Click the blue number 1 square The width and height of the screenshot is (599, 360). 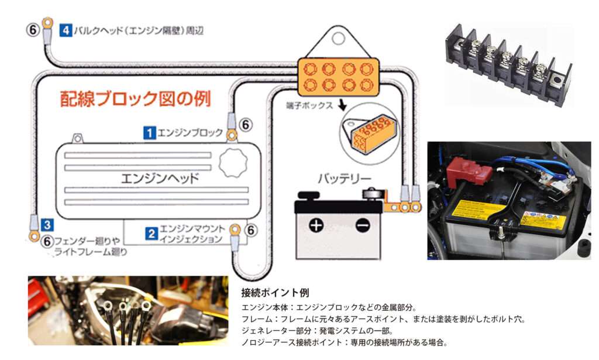coord(149,133)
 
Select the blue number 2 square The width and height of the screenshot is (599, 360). coord(152,234)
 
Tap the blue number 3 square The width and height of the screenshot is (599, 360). coord(47,225)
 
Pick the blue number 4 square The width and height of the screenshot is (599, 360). coord(66,30)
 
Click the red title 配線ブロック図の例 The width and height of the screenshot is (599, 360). coord(136,98)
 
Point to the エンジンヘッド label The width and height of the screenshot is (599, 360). coord(160,178)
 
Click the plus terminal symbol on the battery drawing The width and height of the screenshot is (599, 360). coord(316,225)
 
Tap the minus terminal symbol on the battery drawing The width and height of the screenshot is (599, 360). coord(363,225)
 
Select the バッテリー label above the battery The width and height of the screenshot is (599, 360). coord(345,178)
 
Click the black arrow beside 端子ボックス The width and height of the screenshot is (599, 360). coord(342,105)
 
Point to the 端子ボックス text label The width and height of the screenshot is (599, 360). coord(309,105)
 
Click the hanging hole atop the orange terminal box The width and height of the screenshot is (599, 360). coord(339,38)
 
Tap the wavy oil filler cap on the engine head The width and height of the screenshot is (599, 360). coord(233,163)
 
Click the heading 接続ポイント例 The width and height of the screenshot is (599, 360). coord(275,293)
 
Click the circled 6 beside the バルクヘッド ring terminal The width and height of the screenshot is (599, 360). coord(33,30)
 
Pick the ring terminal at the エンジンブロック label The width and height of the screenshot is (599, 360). coord(232,135)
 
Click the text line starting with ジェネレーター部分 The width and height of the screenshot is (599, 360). coord(317,331)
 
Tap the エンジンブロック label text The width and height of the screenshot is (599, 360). coord(190,133)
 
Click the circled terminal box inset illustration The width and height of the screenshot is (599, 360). coord(369,134)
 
